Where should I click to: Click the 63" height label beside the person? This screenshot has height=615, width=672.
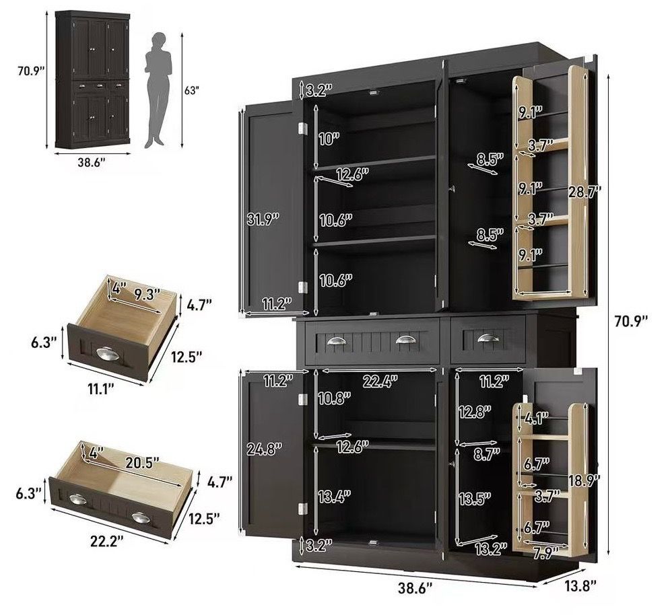pos(192,90)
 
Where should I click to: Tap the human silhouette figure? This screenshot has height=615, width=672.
pos(158,90)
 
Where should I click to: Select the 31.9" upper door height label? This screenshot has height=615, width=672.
pos(263,219)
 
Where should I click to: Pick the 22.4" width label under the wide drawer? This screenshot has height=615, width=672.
pos(380,381)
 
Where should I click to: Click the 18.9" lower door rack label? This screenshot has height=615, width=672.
pos(584,480)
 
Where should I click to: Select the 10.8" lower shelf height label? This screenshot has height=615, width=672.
pos(334,399)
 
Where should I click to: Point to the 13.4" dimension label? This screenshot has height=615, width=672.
pos(334,497)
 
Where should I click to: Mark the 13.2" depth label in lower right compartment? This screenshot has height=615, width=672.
pos(491,548)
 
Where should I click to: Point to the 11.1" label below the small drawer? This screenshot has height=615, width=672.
pos(101,389)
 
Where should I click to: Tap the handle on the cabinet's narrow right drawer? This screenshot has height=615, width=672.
pos(488,338)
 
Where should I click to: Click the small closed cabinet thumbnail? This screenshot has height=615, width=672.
pos(92,79)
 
